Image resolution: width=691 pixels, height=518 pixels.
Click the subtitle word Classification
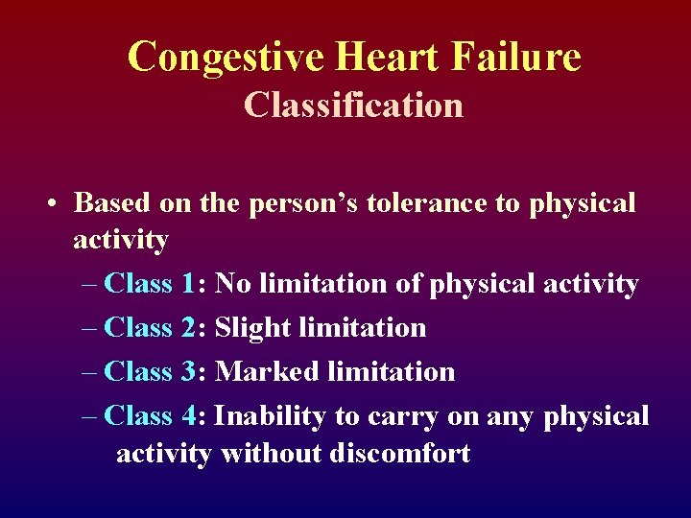pos(353,105)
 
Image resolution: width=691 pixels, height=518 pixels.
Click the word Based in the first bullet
pos(110,203)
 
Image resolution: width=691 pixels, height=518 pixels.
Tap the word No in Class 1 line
pos(231,284)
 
